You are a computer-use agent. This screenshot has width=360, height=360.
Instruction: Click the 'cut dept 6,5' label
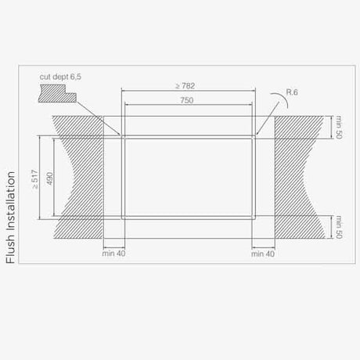coord(60,77)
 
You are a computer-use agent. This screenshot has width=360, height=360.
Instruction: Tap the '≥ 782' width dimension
coord(185,85)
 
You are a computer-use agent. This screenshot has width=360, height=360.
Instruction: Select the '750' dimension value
coord(187,100)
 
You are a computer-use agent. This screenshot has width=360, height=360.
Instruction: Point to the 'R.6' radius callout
coord(292,92)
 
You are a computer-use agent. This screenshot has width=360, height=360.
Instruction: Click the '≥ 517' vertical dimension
coord(35,179)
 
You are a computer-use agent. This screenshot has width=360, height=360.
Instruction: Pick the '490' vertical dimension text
coord(50,178)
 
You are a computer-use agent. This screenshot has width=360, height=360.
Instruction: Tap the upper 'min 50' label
coord(339,127)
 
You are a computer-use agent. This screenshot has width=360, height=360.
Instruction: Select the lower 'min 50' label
coord(339,227)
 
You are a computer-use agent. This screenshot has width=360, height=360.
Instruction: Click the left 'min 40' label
coord(113,254)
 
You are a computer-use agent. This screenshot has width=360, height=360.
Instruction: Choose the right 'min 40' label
coord(263,254)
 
